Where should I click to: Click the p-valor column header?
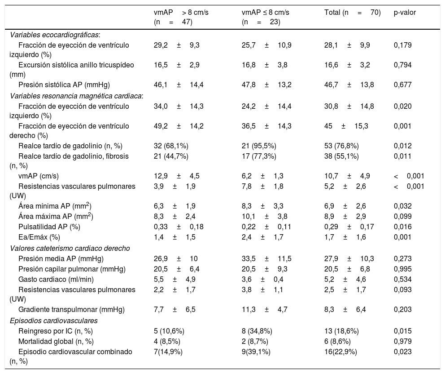point(405,13)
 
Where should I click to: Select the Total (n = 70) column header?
point(352,13)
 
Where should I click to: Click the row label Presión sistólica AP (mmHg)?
point(64,85)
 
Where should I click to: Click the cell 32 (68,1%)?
point(170,146)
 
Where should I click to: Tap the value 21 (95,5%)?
point(259,146)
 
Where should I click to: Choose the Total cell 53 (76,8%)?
point(341,146)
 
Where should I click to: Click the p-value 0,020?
point(402,106)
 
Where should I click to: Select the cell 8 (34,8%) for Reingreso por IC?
point(257,331)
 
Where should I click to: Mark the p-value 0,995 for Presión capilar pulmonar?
point(402,268)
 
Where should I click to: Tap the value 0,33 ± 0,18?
point(179,227)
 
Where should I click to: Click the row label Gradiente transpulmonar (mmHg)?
point(71,309)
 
